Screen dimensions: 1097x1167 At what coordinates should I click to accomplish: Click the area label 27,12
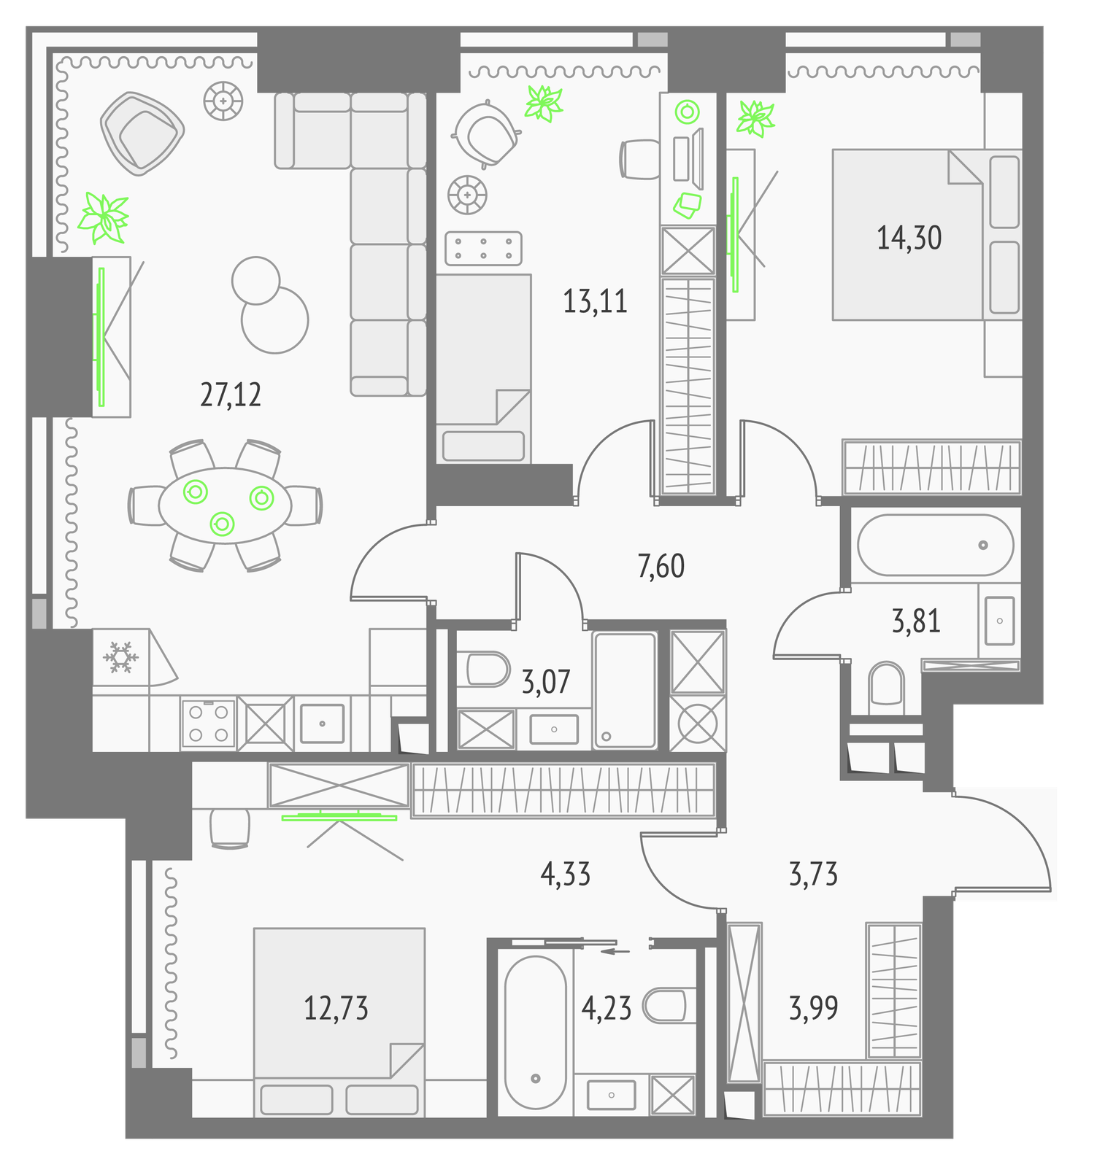click(x=231, y=395)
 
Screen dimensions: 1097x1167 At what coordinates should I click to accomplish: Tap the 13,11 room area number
click(x=595, y=301)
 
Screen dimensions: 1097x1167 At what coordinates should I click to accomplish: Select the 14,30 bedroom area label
click(x=909, y=238)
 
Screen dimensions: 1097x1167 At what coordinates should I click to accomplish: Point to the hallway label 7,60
click(x=661, y=566)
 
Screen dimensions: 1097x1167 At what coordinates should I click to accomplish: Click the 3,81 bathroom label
click(x=916, y=621)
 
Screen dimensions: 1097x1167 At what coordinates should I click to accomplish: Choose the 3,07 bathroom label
click(x=546, y=682)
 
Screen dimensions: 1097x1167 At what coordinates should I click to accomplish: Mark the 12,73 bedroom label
click(x=336, y=1008)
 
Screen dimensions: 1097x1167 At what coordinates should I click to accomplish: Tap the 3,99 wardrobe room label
click(x=814, y=1008)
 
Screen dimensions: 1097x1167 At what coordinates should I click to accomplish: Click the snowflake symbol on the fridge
click(x=120, y=657)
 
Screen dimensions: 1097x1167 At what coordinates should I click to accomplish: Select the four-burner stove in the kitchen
click(x=208, y=723)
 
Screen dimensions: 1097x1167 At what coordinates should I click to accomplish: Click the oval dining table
click(x=225, y=505)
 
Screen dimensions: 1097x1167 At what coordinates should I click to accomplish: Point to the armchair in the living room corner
click(x=142, y=133)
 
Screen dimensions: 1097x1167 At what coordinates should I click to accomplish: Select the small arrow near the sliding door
click(x=614, y=951)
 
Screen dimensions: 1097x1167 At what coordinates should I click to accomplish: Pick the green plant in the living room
click(x=104, y=218)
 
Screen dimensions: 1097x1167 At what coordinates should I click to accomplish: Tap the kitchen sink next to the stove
click(x=322, y=723)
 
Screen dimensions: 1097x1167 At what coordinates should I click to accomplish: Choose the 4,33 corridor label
click(x=566, y=874)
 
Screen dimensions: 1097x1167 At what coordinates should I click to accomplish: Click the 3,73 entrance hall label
click(x=814, y=874)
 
